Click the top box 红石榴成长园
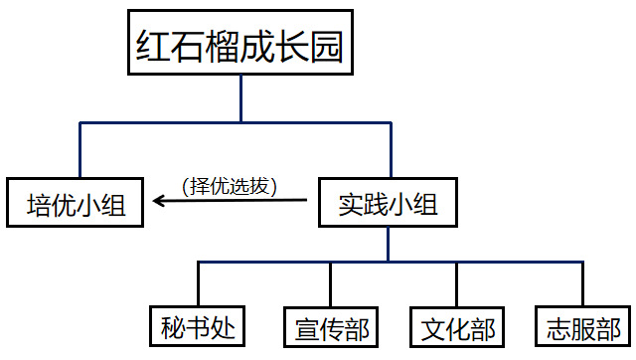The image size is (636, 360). pyautogui.click(x=240, y=43)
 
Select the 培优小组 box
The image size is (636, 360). pyautogui.click(x=76, y=202)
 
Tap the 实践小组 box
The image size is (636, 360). pyautogui.click(x=389, y=202)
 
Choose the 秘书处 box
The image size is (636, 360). pyautogui.click(x=197, y=326)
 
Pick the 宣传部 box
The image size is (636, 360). pyautogui.click(x=331, y=327)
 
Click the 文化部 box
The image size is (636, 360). pyautogui.click(x=457, y=327)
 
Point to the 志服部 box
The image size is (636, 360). pyautogui.click(x=583, y=327)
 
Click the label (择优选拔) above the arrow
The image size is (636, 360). pyautogui.click(x=230, y=187)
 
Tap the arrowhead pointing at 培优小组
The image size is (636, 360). pyautogui.click(x=159, y=201)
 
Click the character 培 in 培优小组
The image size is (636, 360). pyautogui.click(x=40, y=205)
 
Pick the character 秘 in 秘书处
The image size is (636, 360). pyautogui.click(x=173, y=328)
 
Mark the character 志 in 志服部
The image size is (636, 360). pyautogui.click(x=558, y=329)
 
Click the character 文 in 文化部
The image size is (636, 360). pyautogui.click(x=433, y=329)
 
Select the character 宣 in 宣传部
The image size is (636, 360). pyautogui.click(x=307, y=329)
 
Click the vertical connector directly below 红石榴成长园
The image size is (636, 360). pyautogui.click(x=240, y=98)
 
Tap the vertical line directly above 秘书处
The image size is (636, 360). pyautogui.click(x=199, y=283)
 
